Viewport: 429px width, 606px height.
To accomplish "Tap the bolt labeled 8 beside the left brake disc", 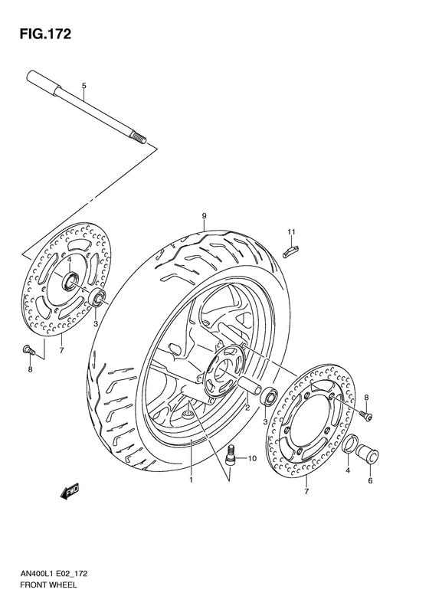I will pyautogui.click(x=27, y=349).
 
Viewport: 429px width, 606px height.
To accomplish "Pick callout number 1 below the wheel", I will pyautogui.click(x=191, y=480).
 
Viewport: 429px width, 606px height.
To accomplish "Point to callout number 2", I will pyautogui.click(x=247, y=408).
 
